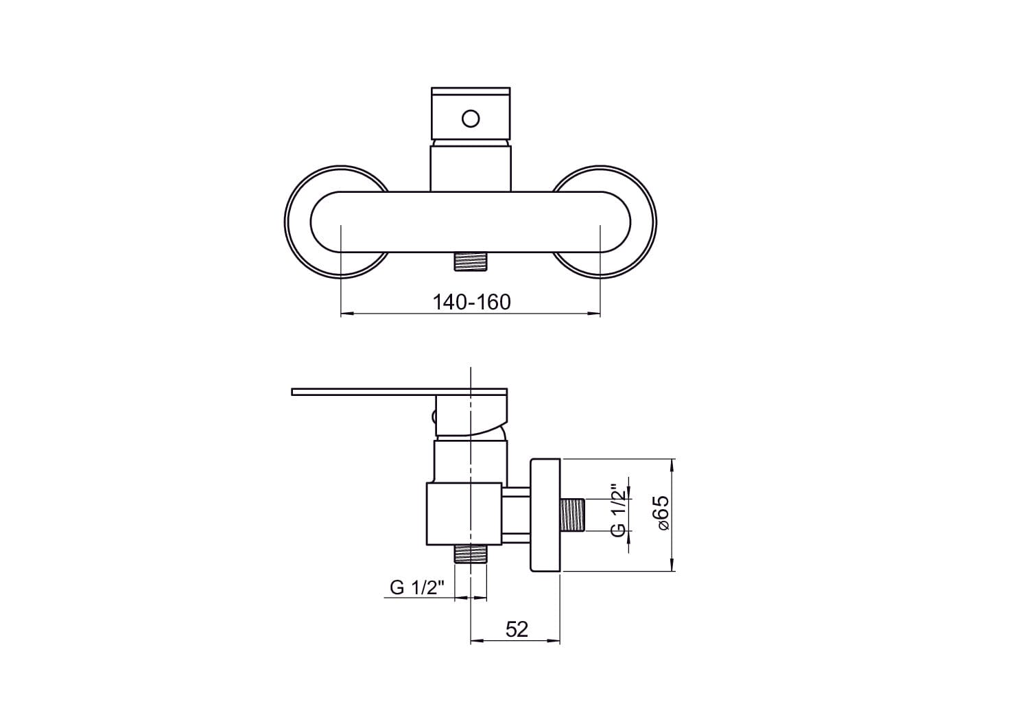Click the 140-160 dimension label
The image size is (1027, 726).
tap(471, 302)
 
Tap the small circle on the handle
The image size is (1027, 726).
tap(471, 119)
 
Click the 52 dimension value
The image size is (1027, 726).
tap(517, 630)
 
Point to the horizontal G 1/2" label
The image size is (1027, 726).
tap(417, 587)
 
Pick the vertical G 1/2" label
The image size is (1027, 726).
tap(619, 509)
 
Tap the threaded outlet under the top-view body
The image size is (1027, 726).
tap(471, 261)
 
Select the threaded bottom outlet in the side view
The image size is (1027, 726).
tap(471, 554)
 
